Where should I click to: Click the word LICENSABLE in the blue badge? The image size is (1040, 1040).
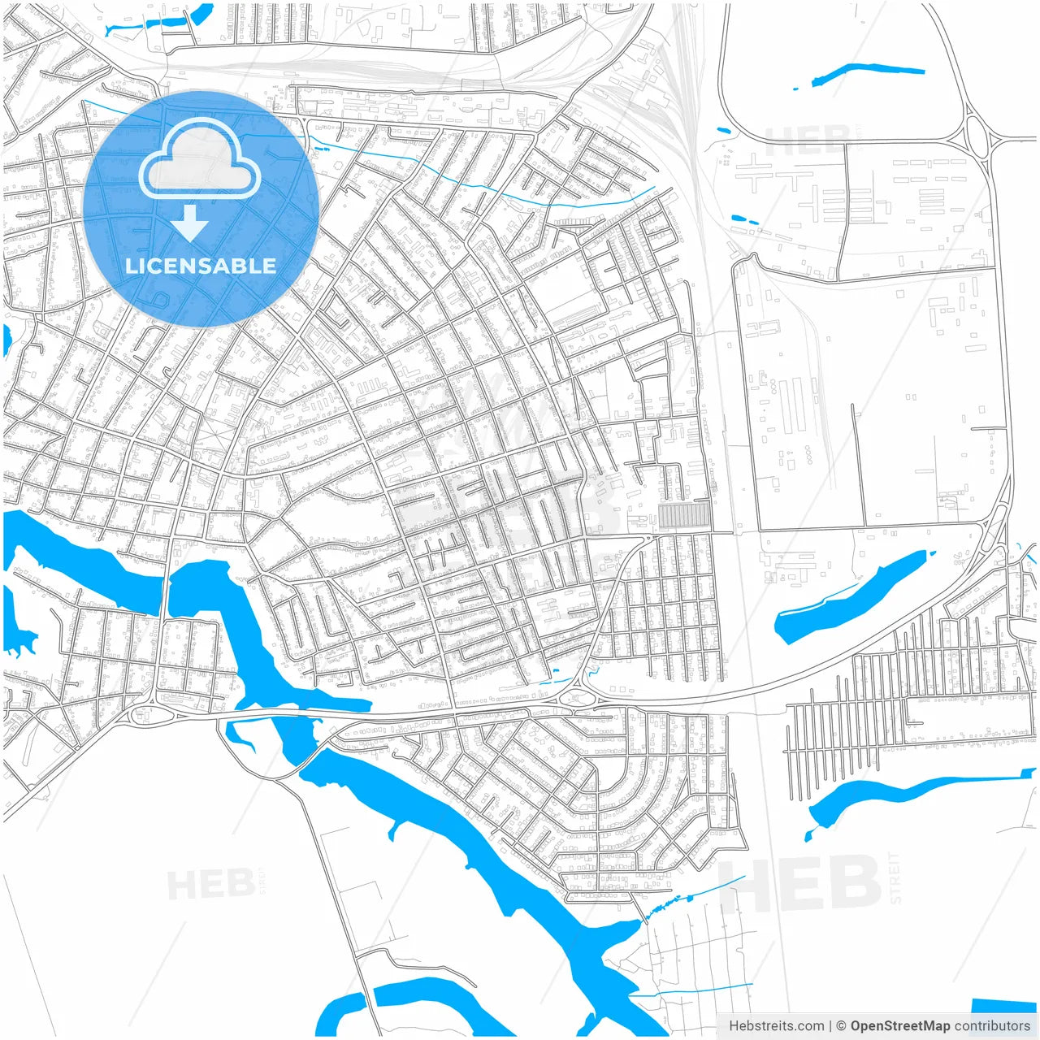coord(200,266)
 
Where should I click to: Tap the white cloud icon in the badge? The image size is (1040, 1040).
coord(200,160)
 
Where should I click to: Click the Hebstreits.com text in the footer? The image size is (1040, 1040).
coord(776,1026)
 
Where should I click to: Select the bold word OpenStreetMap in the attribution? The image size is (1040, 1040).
coord(899,1026)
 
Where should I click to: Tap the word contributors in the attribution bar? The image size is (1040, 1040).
coord(992,1026)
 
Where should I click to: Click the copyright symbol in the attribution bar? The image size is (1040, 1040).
coord(841,1026)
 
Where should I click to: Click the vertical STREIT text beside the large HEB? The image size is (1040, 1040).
coord(895,877)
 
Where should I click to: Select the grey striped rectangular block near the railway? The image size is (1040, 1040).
coord(682,515)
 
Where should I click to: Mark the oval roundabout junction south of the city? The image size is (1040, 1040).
coord(578,697)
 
